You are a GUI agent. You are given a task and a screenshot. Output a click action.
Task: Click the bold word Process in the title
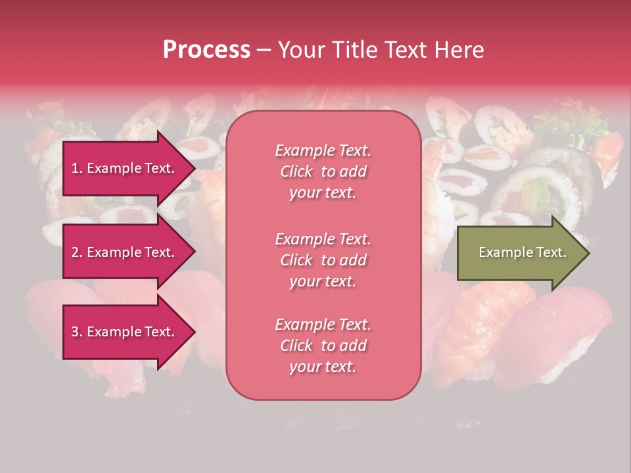coord(206,50)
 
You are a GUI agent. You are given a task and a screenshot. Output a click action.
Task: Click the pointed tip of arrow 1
coord(193,168)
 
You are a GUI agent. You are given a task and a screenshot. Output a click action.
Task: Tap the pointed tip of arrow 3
coord(193,332)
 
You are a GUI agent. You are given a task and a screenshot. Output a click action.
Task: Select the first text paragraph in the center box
coord(323,171)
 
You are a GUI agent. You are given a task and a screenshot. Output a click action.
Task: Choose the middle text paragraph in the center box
coord(323,260)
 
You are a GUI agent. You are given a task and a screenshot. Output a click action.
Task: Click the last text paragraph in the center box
coord(323,346)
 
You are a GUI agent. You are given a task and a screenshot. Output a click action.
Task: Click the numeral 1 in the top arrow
coord(74,168)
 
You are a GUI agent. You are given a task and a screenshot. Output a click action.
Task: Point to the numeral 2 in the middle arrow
coord(75,252)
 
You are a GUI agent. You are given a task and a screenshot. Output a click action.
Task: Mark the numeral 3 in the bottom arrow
coord(75,332)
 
